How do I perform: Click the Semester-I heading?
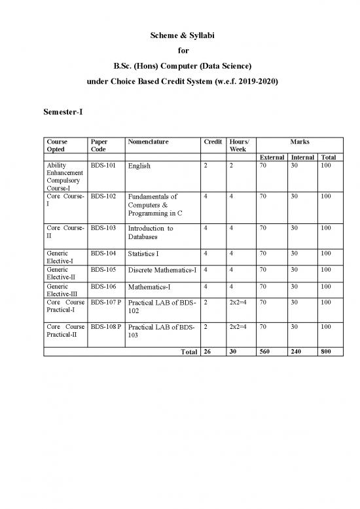(62, 113)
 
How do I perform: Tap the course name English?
(139, 166)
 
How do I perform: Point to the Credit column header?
(211, 141)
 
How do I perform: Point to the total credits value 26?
(208, 351)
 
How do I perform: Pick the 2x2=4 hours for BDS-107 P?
(237, 303)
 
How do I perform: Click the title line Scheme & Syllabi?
(179, 34)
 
